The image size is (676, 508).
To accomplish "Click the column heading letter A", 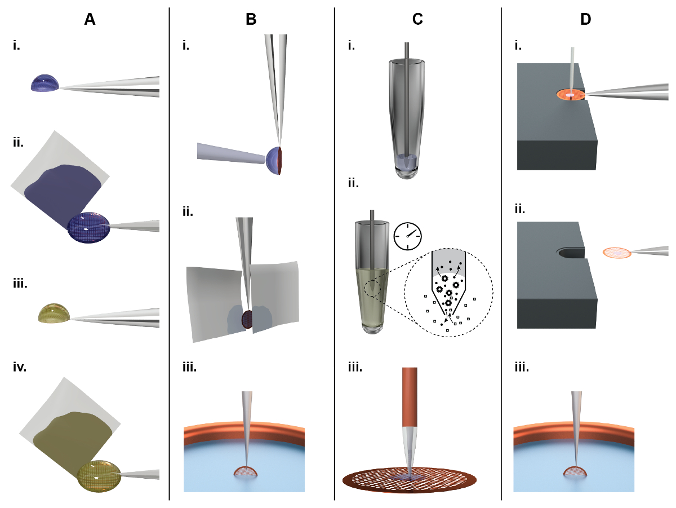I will pyautogui.click(x=90, y=20).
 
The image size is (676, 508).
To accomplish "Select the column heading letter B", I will pyautogui.click(x=251, y=20).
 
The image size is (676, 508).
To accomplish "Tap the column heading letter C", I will pyautogui.click(x=417, y=20).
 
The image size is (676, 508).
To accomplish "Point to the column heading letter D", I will pyautogui.click(x=586, y=20).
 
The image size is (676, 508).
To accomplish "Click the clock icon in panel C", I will pyautogui.click(x=408, y=236).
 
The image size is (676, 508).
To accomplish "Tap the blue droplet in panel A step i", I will pyautogui.click(x=45, y=84).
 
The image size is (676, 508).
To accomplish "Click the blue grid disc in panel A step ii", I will pyautogui.click(x=87, y=227).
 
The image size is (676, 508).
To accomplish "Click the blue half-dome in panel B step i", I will pyautogui.click(x=274, y=160).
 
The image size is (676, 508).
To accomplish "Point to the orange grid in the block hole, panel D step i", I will pyautogui.click(x=570, y=95).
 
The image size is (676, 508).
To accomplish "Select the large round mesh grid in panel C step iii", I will pyautogui.click(x=410, y=480).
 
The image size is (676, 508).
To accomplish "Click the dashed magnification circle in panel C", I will pyautogui.click(x=448, y=293).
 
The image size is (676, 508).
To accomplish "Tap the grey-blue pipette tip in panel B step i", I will pyautogui.click(x=231, y=153).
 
